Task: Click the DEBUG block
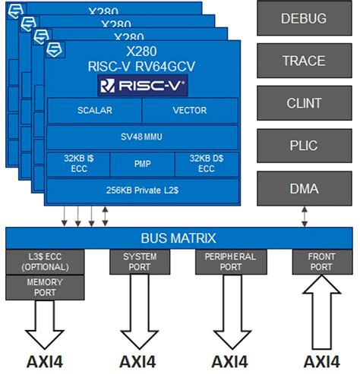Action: (304, 18)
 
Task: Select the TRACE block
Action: (304, 61)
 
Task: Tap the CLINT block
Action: (304, 103)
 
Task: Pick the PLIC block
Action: (304, 146)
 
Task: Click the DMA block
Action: (304, 188)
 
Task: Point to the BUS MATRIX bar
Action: (180, 237)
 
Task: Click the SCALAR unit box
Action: (94, 111)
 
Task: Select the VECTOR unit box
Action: (190, 111)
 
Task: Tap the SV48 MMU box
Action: (142, 137)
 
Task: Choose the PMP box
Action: (142, 164)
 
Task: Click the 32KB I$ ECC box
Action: (77, 164)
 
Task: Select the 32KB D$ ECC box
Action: (207, 164)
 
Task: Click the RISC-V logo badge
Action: (143, 84)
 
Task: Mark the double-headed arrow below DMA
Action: (305, 215)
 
